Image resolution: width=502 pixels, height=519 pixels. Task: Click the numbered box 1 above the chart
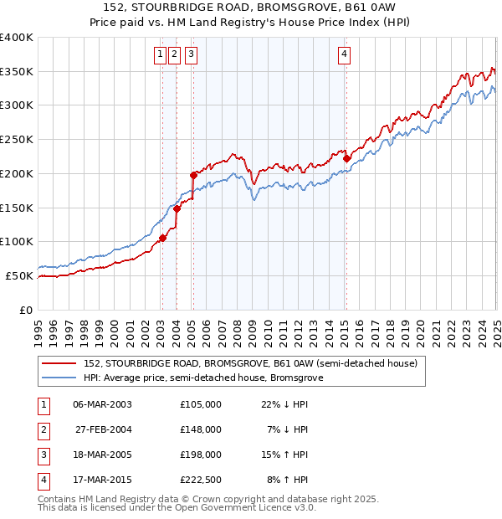pyautogui.click(x=160, y=55)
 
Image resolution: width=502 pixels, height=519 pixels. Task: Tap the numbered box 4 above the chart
pyautogui.click(x=345, y=55)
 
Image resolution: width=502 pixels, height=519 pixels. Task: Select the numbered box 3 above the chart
pyautogui.click(x=192, y=55)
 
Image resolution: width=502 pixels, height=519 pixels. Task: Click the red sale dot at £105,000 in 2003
pyautogui.click(x=162, y=238)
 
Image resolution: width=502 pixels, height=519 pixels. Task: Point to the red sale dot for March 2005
pyautogui.click(x=193, y=175)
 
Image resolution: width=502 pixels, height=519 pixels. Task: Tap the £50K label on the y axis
pyautogui.click(x=20, y=275)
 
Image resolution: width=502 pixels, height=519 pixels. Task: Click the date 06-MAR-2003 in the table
pyautogui.click(x=102, y=403)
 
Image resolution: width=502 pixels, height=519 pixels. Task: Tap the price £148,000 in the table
pyautogui.click(x=201, y=429)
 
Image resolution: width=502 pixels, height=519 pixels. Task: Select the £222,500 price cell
pyautogui.click(x=201, y=480)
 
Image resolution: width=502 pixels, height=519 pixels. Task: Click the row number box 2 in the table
pyautogui.click(x=43, y=429)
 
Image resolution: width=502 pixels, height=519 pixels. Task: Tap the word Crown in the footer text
pyautogui.click(x=231, y=499)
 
